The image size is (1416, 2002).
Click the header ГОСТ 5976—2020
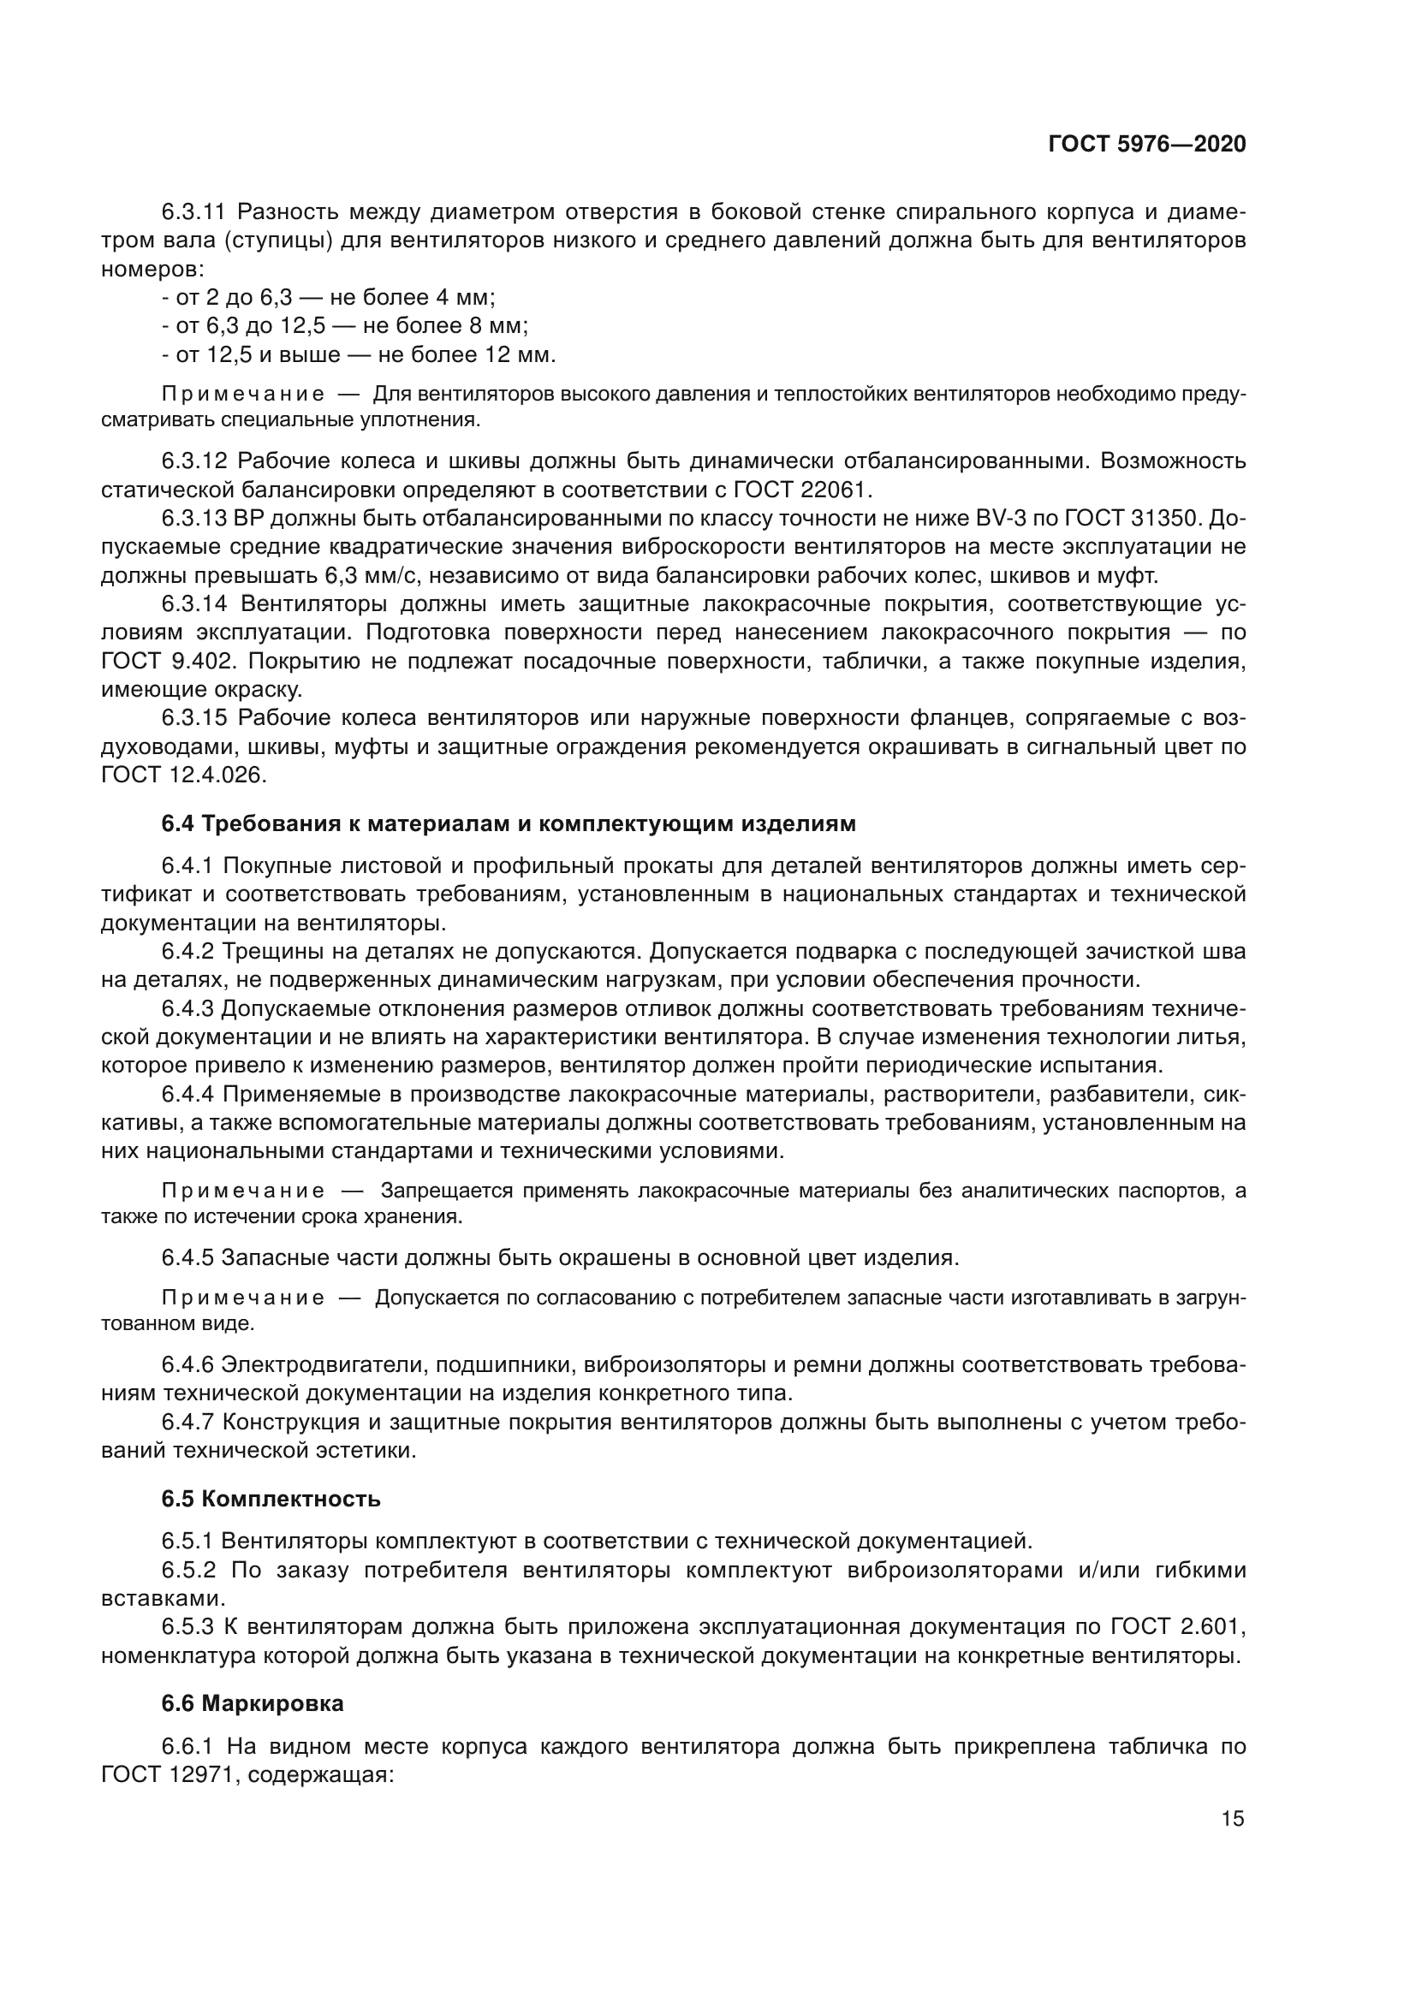[1146, 145]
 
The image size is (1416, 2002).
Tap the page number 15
[1232, 1819]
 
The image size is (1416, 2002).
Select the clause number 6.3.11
[193, 212]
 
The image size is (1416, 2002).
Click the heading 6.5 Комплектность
[271, 1499]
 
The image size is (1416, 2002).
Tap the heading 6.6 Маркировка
[253, 1703]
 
